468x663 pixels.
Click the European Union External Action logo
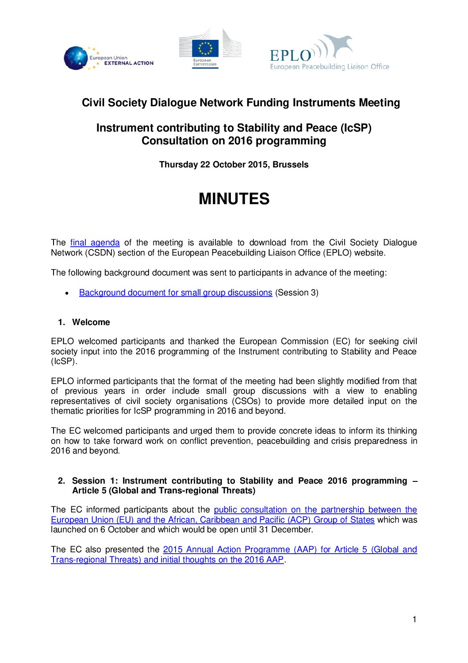point(108,58)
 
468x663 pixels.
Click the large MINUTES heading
point(234,199)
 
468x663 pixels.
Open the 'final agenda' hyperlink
point(95,243)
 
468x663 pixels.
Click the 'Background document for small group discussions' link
point(175,293)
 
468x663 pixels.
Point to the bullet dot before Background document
point(66,293)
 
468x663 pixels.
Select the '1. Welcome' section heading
point(84,322)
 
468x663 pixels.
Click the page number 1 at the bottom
point(414,620)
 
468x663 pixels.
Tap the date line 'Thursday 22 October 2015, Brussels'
point(234,165)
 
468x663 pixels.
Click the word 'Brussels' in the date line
point(291,165)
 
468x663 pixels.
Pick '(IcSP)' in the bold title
point(356,128)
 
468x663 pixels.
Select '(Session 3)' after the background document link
point(297,293)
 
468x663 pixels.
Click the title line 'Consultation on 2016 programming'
point(234,141)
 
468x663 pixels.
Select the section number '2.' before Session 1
point(61,481)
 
